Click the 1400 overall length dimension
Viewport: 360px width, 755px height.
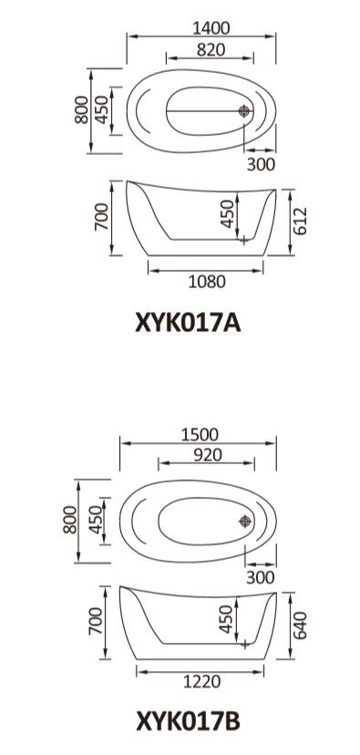[x=211, y=28]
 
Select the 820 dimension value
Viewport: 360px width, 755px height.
[x=211, y=49]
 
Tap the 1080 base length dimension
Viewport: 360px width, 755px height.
[x=207, y=281]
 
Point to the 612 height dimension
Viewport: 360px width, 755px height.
[x=299, y=221]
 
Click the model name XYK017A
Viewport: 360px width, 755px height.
[x=188, y=323]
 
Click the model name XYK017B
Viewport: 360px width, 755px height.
[x=188, y=722]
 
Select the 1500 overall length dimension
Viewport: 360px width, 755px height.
[x=200, y=435]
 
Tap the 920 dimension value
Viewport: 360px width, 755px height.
[x=208, y=455]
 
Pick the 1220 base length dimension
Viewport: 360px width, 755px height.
[x=202, y=681]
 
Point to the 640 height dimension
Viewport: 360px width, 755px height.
[x=299, y=625]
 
